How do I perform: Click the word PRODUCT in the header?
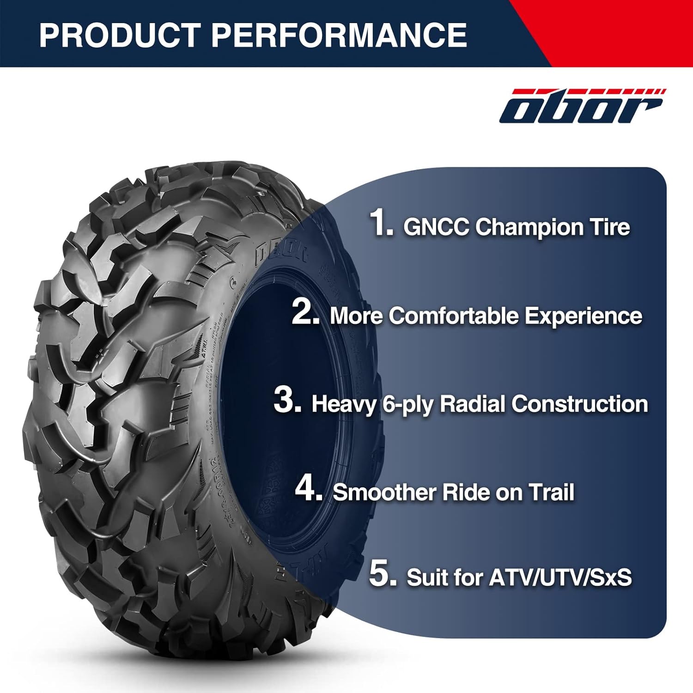[x=119, y=35]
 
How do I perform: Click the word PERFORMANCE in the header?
[x=339, y=35]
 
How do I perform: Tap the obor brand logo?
[x=582, y=106]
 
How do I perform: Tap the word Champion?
[x=522, y=227]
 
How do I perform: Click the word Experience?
[x=583, y=316]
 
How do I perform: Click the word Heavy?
[x=343, y=404]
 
